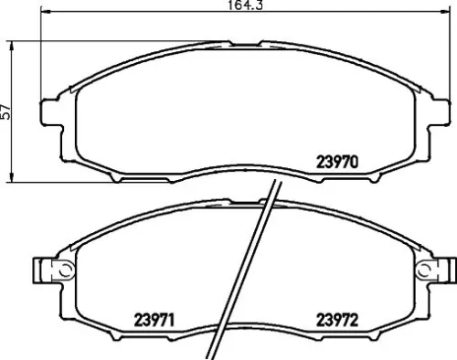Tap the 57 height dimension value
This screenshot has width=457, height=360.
coord(7,111)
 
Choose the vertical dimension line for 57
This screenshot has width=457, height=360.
coord(11,146)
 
